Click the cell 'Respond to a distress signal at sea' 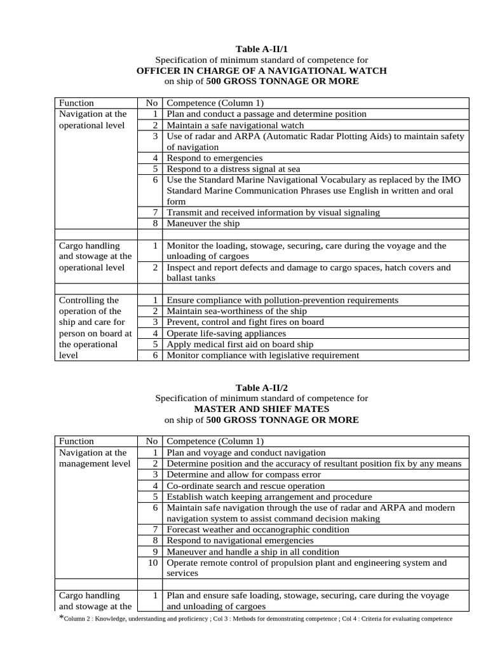(233, 169)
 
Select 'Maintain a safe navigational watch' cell (235, 125)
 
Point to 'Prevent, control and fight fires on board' (245, 322)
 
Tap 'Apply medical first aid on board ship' (240, 344)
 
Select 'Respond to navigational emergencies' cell (240, 540)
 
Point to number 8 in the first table (154, 224)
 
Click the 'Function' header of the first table (76, 103)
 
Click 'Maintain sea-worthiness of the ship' (236, 312)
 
